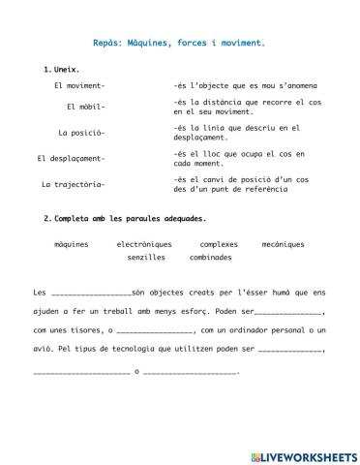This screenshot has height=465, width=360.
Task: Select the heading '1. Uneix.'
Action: [62, 71]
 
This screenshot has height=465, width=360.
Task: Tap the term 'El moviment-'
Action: [79, 86]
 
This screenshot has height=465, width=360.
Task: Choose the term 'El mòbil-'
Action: [85, 107]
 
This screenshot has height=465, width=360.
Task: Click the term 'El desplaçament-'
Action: [71, 158]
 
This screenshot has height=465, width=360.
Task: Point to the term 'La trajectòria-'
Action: [74, 184]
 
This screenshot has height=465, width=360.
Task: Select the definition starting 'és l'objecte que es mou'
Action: [245, 86]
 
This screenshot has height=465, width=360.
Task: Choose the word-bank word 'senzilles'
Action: [146, 258]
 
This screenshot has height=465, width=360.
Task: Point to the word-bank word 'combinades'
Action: [211, 258]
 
